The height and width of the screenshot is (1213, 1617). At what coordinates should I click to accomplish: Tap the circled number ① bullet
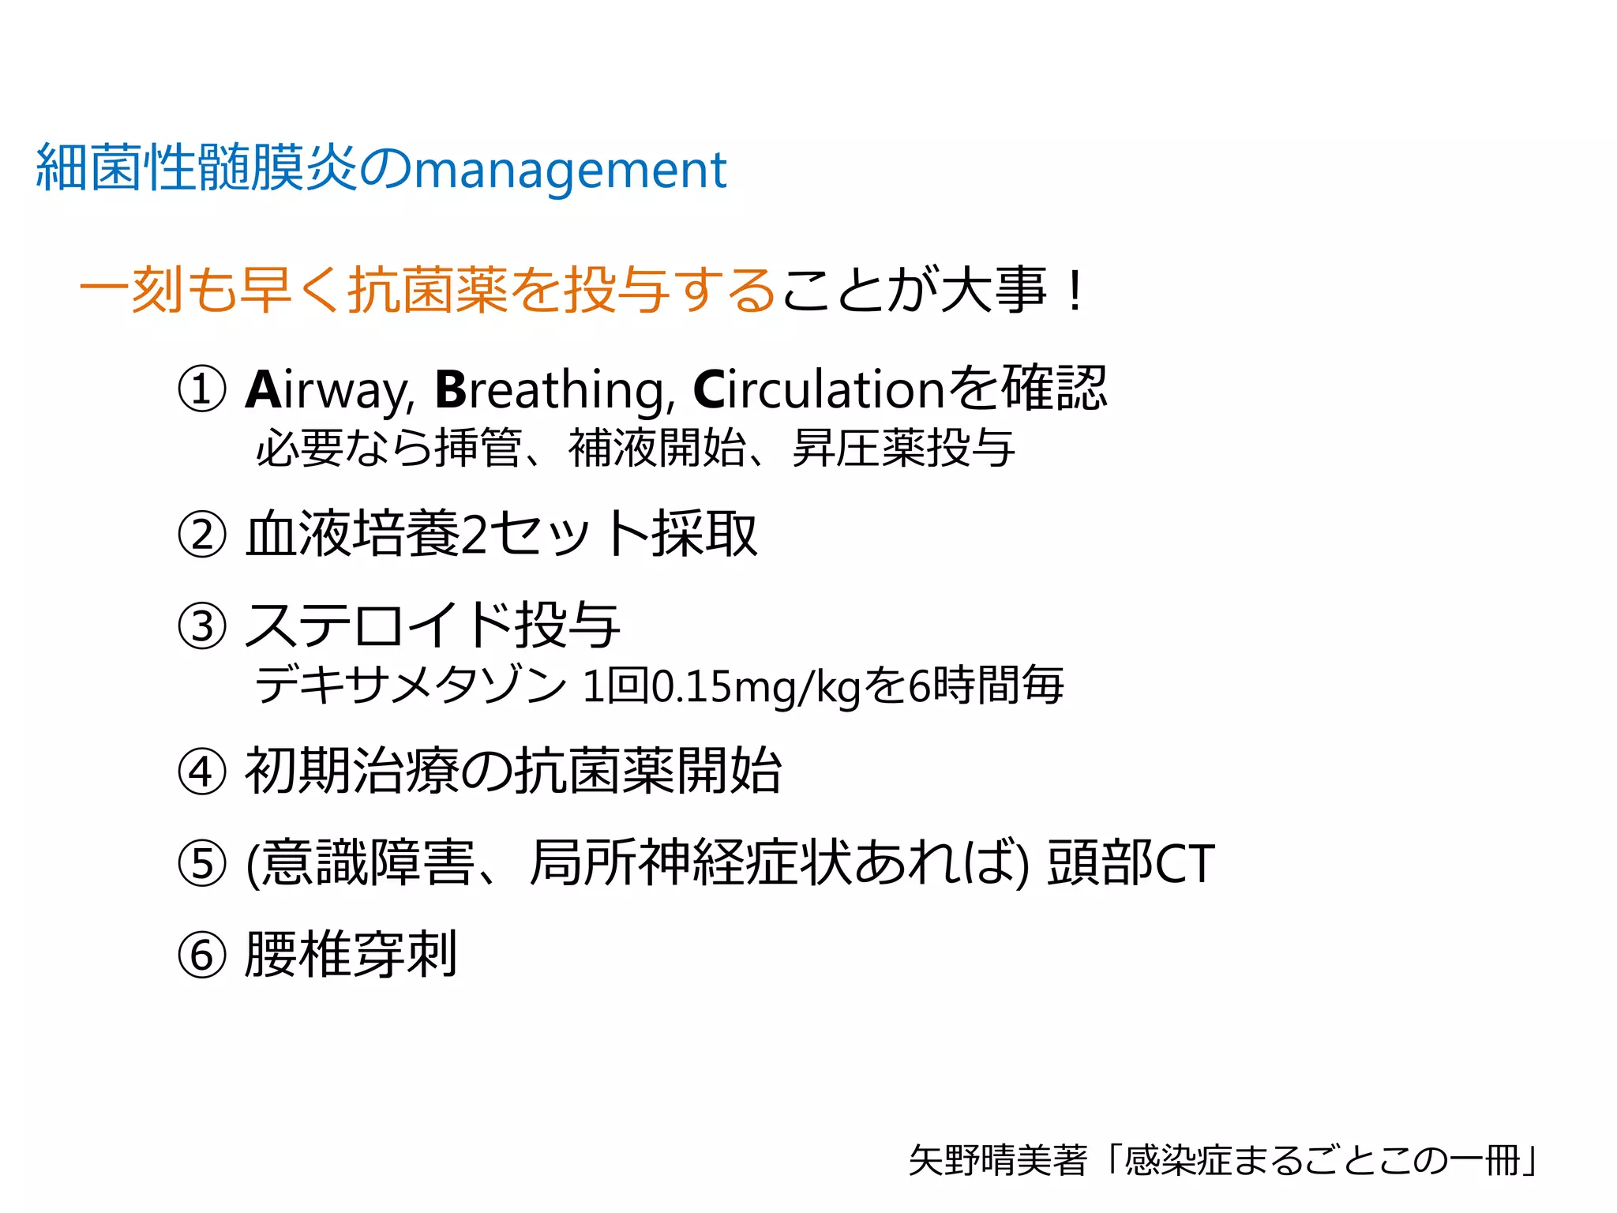[x=202, y=389]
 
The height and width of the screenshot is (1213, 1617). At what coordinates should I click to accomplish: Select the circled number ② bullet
[x=202, y=535]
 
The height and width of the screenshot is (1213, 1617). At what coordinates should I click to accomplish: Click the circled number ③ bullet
[x=202, y=626]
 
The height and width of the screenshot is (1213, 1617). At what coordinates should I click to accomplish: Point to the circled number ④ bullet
[x=202, y=772]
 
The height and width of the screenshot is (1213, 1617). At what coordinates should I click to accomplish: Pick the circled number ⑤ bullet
[x=202, y=863]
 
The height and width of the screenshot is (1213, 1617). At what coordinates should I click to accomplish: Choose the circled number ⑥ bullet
[x=202, y=955]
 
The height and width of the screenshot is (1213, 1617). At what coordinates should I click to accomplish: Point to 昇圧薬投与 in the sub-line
[x=903, y=449]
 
